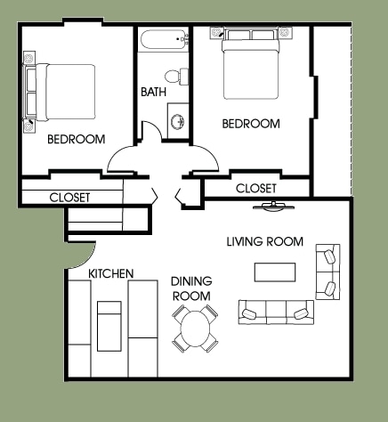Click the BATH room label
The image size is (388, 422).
click(x=153, y=92)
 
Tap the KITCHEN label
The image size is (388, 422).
click(x=111, y=273)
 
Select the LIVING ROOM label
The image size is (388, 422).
click(x=264, y=241)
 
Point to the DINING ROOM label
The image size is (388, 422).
click(x=190, y=288)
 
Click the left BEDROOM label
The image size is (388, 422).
click(x=76, y=139)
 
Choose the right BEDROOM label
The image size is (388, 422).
click(x=251, y=124)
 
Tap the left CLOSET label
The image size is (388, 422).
click(x=69, y=197)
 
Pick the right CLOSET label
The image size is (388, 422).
click(x=255, y=189)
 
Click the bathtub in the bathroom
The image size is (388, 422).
click(x=164, y=39)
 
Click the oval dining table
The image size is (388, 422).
click(x=195, y=329)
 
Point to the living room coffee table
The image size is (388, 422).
click(x=275, y=271)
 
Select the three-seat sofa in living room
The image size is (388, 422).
click(x=275, y=312)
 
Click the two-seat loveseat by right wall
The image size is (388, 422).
click(x=328, y=272)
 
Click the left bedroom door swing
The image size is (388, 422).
click(x=125, y=160)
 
